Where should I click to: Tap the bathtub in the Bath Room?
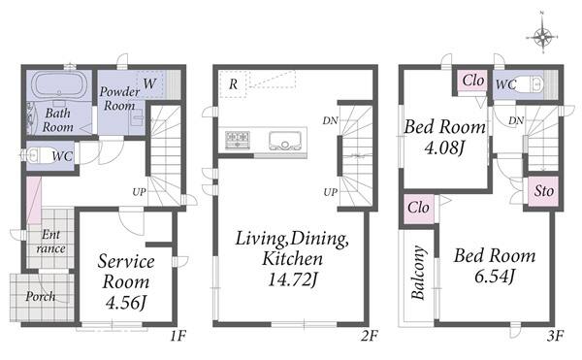coord(59,84)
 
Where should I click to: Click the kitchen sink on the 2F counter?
coord(285,141)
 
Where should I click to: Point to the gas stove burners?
coord(238,140)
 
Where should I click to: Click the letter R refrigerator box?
coord(233,84)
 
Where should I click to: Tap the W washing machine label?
coord(149,83)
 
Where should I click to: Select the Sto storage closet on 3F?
coord(543,191)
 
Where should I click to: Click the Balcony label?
coord(418,273)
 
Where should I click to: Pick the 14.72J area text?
coord(293,279)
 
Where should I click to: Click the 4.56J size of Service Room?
coord(125,303)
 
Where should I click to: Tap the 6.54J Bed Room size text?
coord(495,276)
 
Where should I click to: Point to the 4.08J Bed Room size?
coord(444,147)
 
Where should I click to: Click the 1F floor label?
coord(178,336)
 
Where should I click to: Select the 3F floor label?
coord(555,336)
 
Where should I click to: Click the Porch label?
coord(40,297)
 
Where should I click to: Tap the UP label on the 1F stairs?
coord(139,192)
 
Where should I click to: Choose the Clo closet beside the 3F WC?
coord(473,81)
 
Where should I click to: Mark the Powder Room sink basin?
coord(138,118)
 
